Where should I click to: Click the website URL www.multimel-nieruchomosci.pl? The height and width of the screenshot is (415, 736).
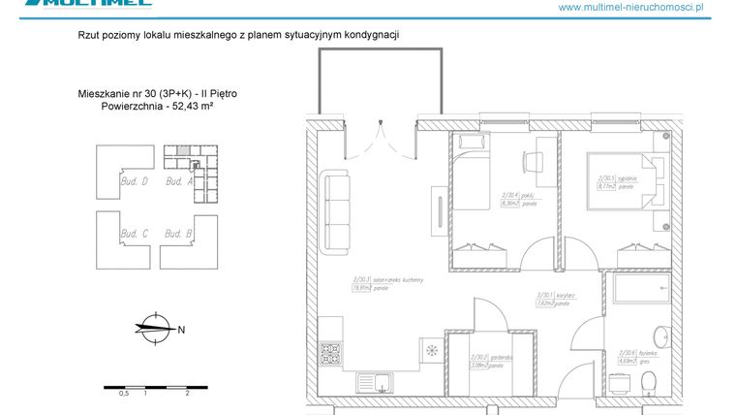click(644, 7)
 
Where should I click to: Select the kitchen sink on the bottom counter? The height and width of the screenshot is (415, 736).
click(376, 380)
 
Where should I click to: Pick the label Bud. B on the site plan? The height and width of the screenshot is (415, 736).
click(179, 234)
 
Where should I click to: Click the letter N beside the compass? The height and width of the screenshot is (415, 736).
click(181, 329)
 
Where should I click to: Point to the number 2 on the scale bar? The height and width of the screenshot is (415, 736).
click(186, 395)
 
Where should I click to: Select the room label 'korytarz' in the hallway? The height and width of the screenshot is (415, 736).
click(553, 294)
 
